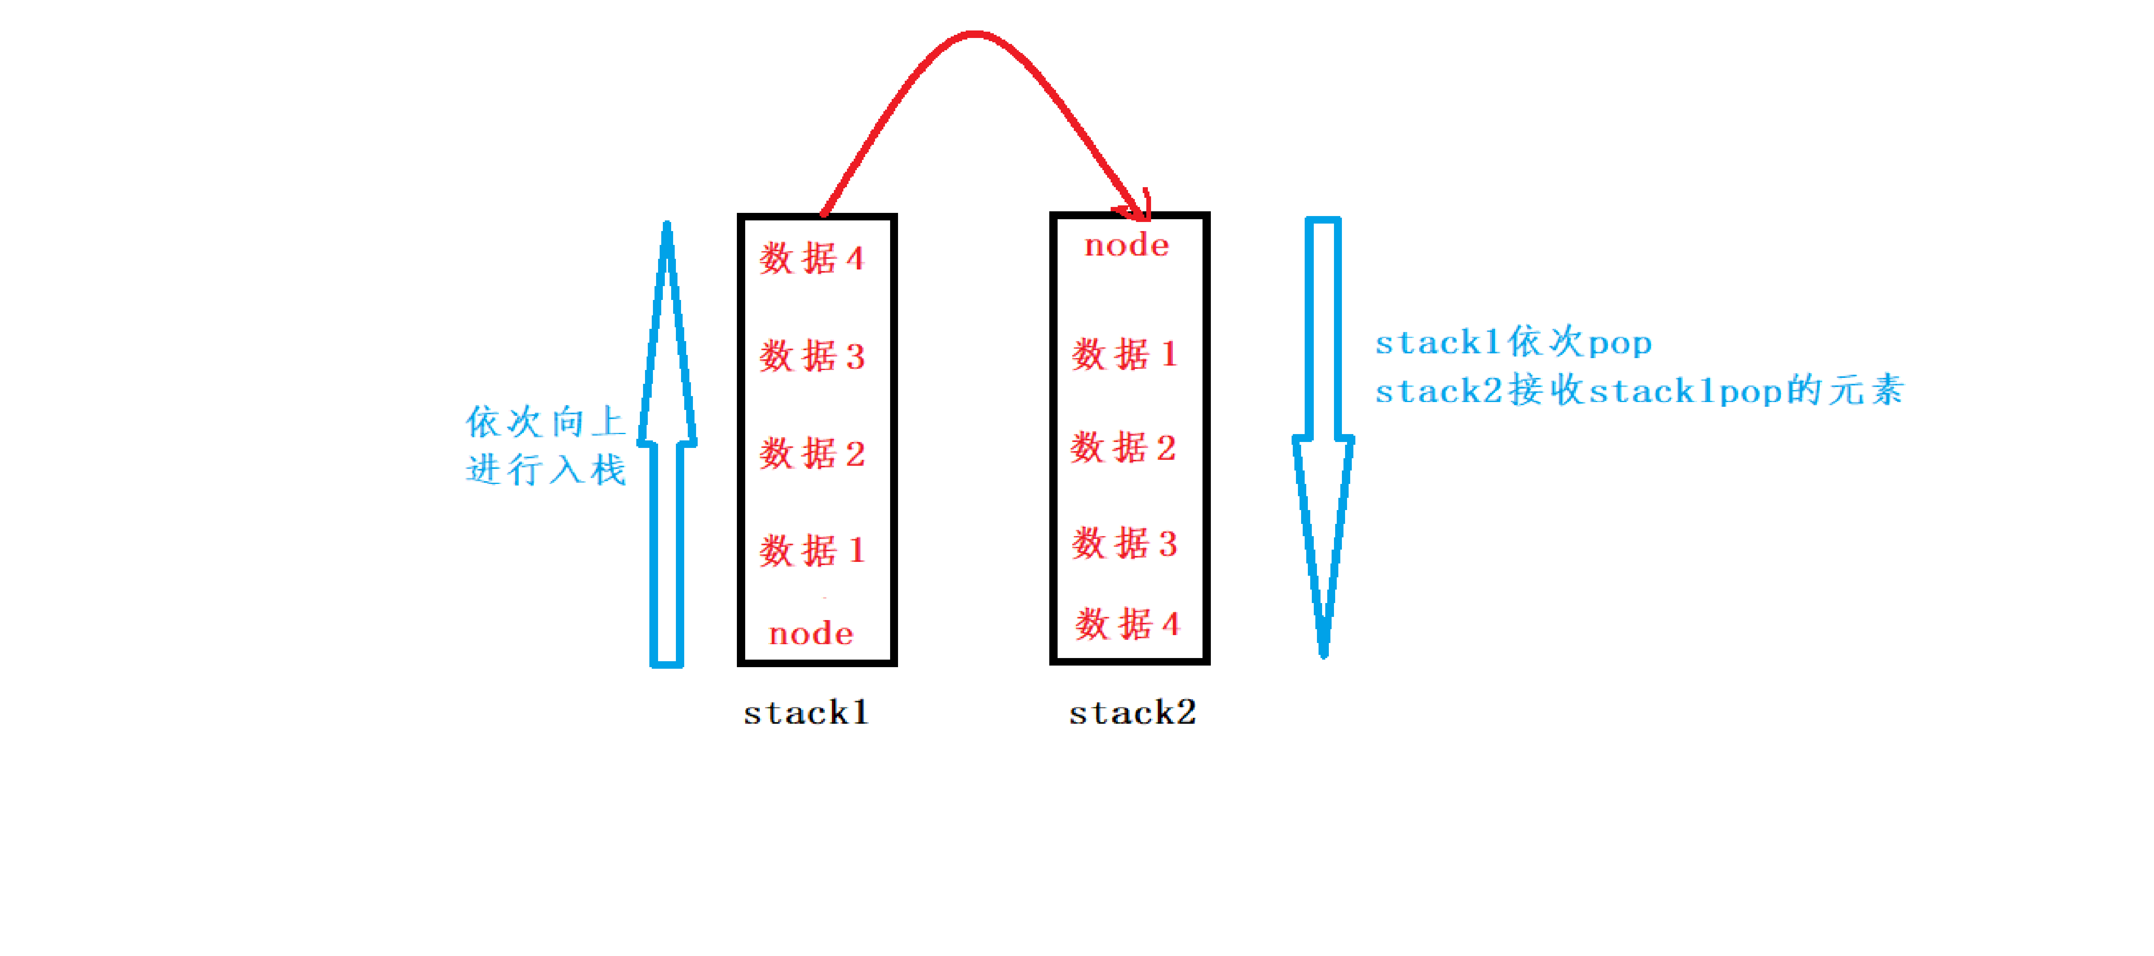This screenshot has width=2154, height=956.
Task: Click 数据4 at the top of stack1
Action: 811,258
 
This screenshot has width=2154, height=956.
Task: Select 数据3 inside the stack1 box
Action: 811,356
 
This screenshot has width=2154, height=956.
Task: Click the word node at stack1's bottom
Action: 811,634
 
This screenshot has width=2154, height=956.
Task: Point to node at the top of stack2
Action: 1126,245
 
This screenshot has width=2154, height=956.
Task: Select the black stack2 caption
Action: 1132,713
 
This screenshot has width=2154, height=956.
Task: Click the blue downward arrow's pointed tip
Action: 1323,653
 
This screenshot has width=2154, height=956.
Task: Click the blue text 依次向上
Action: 545,422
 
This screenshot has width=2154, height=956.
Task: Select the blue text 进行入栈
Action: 545,470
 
